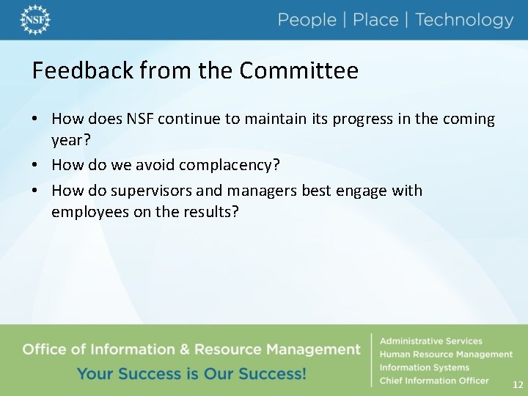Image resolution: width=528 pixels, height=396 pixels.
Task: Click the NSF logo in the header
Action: [x=35, y=20]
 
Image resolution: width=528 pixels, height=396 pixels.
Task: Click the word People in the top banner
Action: [x=307, y=21]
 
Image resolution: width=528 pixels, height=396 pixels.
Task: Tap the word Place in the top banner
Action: [x=375, y=21]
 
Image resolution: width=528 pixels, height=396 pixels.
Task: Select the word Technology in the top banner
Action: [x=464, y=21]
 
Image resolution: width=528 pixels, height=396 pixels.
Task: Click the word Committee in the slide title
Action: [x=298, y=71]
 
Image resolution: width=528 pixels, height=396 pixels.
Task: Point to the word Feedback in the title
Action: [x=82, y=71]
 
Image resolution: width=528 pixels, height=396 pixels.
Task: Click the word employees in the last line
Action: [x=87, y=213]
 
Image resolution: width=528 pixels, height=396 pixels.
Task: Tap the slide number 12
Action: [x=518, y=384]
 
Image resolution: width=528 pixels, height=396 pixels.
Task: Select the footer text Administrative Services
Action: [x=430, y=341]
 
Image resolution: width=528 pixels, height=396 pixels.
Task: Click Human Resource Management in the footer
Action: [x=446, y=354]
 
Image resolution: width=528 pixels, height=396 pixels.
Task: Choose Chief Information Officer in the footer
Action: [x=433, y=381]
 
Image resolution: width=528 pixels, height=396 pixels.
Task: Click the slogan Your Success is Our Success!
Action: [x=191, y=374]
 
